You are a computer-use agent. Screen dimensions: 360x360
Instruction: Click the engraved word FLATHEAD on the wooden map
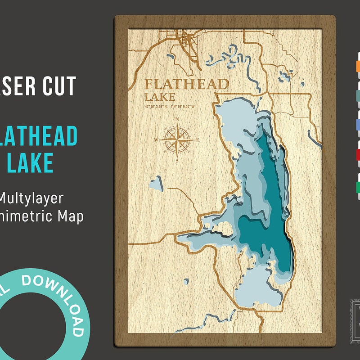(186, 84)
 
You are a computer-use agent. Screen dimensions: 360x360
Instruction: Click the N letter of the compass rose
(177, 119)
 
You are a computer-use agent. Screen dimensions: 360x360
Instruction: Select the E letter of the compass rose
(198, 140)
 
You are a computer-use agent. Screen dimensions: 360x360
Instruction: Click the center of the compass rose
(177, 140)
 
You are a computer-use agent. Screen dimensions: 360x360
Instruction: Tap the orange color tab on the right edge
(358, 66)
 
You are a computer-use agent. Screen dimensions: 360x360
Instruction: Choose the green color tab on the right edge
(358, 186)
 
